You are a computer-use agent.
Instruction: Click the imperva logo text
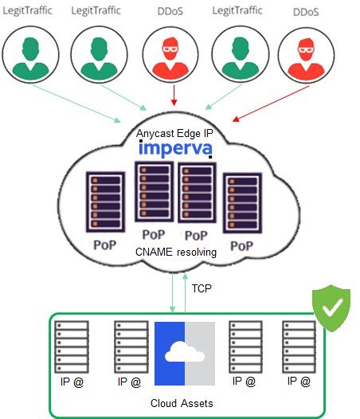[175, 149]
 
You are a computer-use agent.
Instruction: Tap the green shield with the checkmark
[331, 307]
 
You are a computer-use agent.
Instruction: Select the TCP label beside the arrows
[202, 288]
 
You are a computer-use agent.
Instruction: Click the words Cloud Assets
[182, 403]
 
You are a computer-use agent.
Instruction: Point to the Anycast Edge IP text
[174, 133]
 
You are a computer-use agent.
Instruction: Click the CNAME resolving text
[176, 252]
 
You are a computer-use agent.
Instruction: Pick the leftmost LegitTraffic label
[27, 10]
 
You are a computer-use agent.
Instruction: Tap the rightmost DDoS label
[306, 12]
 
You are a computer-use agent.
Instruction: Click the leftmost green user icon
[30, 55]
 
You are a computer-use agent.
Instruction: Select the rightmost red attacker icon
[306, 56]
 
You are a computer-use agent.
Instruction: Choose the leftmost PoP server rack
[106, 202]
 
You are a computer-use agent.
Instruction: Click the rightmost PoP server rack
[242, 203]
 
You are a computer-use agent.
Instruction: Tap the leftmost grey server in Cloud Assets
[72, 347]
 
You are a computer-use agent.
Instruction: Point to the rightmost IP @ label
[299, 382]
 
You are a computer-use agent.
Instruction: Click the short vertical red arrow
[174, 96]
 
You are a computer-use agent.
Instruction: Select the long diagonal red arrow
[271, 104]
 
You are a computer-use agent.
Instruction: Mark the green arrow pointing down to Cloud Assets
[172, 292]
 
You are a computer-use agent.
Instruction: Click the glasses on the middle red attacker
[170, 49]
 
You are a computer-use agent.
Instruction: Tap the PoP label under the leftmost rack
[105, 245]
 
